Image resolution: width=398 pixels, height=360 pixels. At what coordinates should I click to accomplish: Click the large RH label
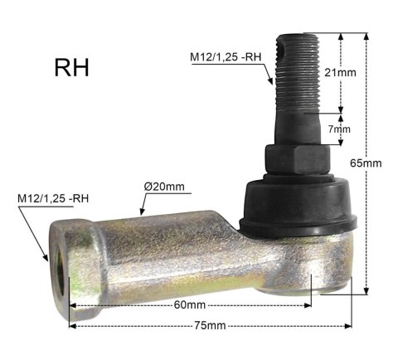(x=72, y=68)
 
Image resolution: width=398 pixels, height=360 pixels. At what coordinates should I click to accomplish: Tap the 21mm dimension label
(x=340, y=73)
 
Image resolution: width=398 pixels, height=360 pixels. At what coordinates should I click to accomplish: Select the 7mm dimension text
(x=339, y=129)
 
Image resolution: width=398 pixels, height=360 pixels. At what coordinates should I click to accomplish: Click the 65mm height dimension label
(x=366, y=163)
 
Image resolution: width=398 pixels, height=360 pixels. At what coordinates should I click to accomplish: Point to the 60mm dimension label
(x=190, y=305)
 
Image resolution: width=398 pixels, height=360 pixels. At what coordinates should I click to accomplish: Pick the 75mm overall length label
(x=210, y=325)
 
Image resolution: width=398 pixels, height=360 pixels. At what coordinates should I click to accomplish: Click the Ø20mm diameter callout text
(x=164, y=187)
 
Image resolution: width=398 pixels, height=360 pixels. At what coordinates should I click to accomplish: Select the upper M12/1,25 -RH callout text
(x=226, y=57)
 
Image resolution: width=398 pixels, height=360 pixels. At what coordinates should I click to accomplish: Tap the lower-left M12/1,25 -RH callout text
(x=53, y=198)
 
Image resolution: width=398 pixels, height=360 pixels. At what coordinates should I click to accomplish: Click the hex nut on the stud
(x=298, y=159)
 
